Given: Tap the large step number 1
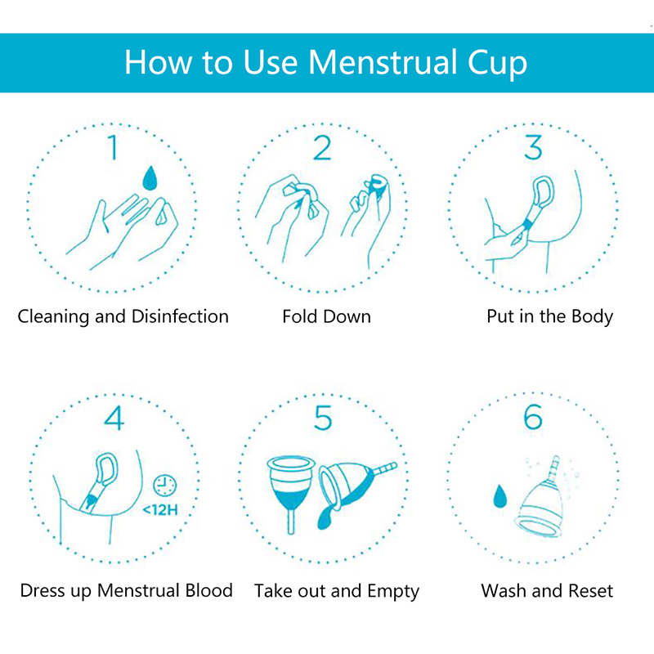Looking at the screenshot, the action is point(113,147).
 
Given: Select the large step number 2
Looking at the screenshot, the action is point(322,147).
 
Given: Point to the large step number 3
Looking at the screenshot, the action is point(533,147).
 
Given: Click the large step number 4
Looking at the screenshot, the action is point(114,418).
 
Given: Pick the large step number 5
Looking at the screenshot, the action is point(323,418).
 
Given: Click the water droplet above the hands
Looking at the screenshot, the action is point(150,177).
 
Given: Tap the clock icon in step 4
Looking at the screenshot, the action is point(165,485).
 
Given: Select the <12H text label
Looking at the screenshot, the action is point(160,509).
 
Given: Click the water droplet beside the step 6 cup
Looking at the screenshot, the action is point(499,495).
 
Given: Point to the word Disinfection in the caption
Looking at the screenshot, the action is point(180,316).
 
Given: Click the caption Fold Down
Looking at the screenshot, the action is point(326,316).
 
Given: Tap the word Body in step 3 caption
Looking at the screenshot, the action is point(592,317).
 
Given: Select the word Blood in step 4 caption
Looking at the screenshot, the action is point(209,590).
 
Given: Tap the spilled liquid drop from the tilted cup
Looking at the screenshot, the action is point(325,518).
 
